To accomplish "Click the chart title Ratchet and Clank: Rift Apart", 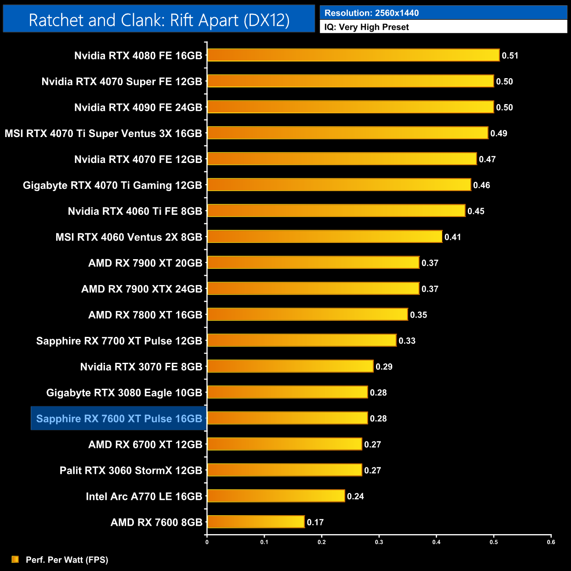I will click(x=159, y=20).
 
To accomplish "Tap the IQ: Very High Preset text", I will click(x=366, y=27).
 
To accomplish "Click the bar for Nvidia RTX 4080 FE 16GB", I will click(x=353, y=55).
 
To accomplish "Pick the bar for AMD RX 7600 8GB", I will click(x=256, y=522).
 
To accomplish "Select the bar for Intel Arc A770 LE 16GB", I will click(x=276, y=496).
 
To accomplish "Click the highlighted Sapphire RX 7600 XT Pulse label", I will click(x=119, y=419).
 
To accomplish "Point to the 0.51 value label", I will click(x=510, y=56).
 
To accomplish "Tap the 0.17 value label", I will click(x=315, y=522).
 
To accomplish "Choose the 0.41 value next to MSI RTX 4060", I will click(x=452, y=237).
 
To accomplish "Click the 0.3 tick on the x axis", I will click(x=379, y=542).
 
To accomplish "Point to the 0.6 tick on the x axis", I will click(x=551, y=542).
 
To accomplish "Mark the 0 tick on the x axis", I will click(x=207, y=542).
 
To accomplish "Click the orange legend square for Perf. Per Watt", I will click(x=15, y=559).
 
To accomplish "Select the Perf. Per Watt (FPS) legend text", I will click(x=67, y=560).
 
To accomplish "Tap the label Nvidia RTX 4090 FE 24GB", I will click(x=138, y=108).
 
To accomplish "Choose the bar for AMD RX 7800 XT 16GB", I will click(x=307, y=314).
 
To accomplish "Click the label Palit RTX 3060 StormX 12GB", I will click(x=130, y=470).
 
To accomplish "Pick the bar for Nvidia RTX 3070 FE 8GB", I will click(x=290, y=366).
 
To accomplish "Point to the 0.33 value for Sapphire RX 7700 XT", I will click(x=407, y=341).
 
